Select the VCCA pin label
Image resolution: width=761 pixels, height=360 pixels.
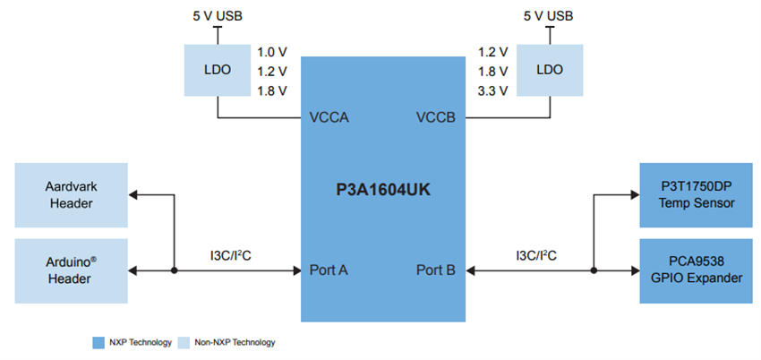[328, 117]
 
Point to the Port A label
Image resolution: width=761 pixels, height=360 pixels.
[328, 269]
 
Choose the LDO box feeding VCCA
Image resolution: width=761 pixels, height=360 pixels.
[218, 69]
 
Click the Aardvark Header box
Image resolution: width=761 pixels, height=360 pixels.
[71, 194]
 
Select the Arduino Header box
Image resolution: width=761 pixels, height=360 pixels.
[71, 269]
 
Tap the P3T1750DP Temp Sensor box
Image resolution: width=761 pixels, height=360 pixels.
[696, 194]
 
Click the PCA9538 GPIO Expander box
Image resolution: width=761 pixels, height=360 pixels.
[696, 269]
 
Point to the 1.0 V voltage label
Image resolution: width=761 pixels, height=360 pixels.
[271, 51]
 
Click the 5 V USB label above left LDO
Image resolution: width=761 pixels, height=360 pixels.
[218, 16]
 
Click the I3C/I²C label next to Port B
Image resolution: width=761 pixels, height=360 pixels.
[536, 255]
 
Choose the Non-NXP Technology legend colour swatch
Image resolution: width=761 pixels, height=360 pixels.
[184, 342]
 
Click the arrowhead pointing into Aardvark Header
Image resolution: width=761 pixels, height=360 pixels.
[134, 194]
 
